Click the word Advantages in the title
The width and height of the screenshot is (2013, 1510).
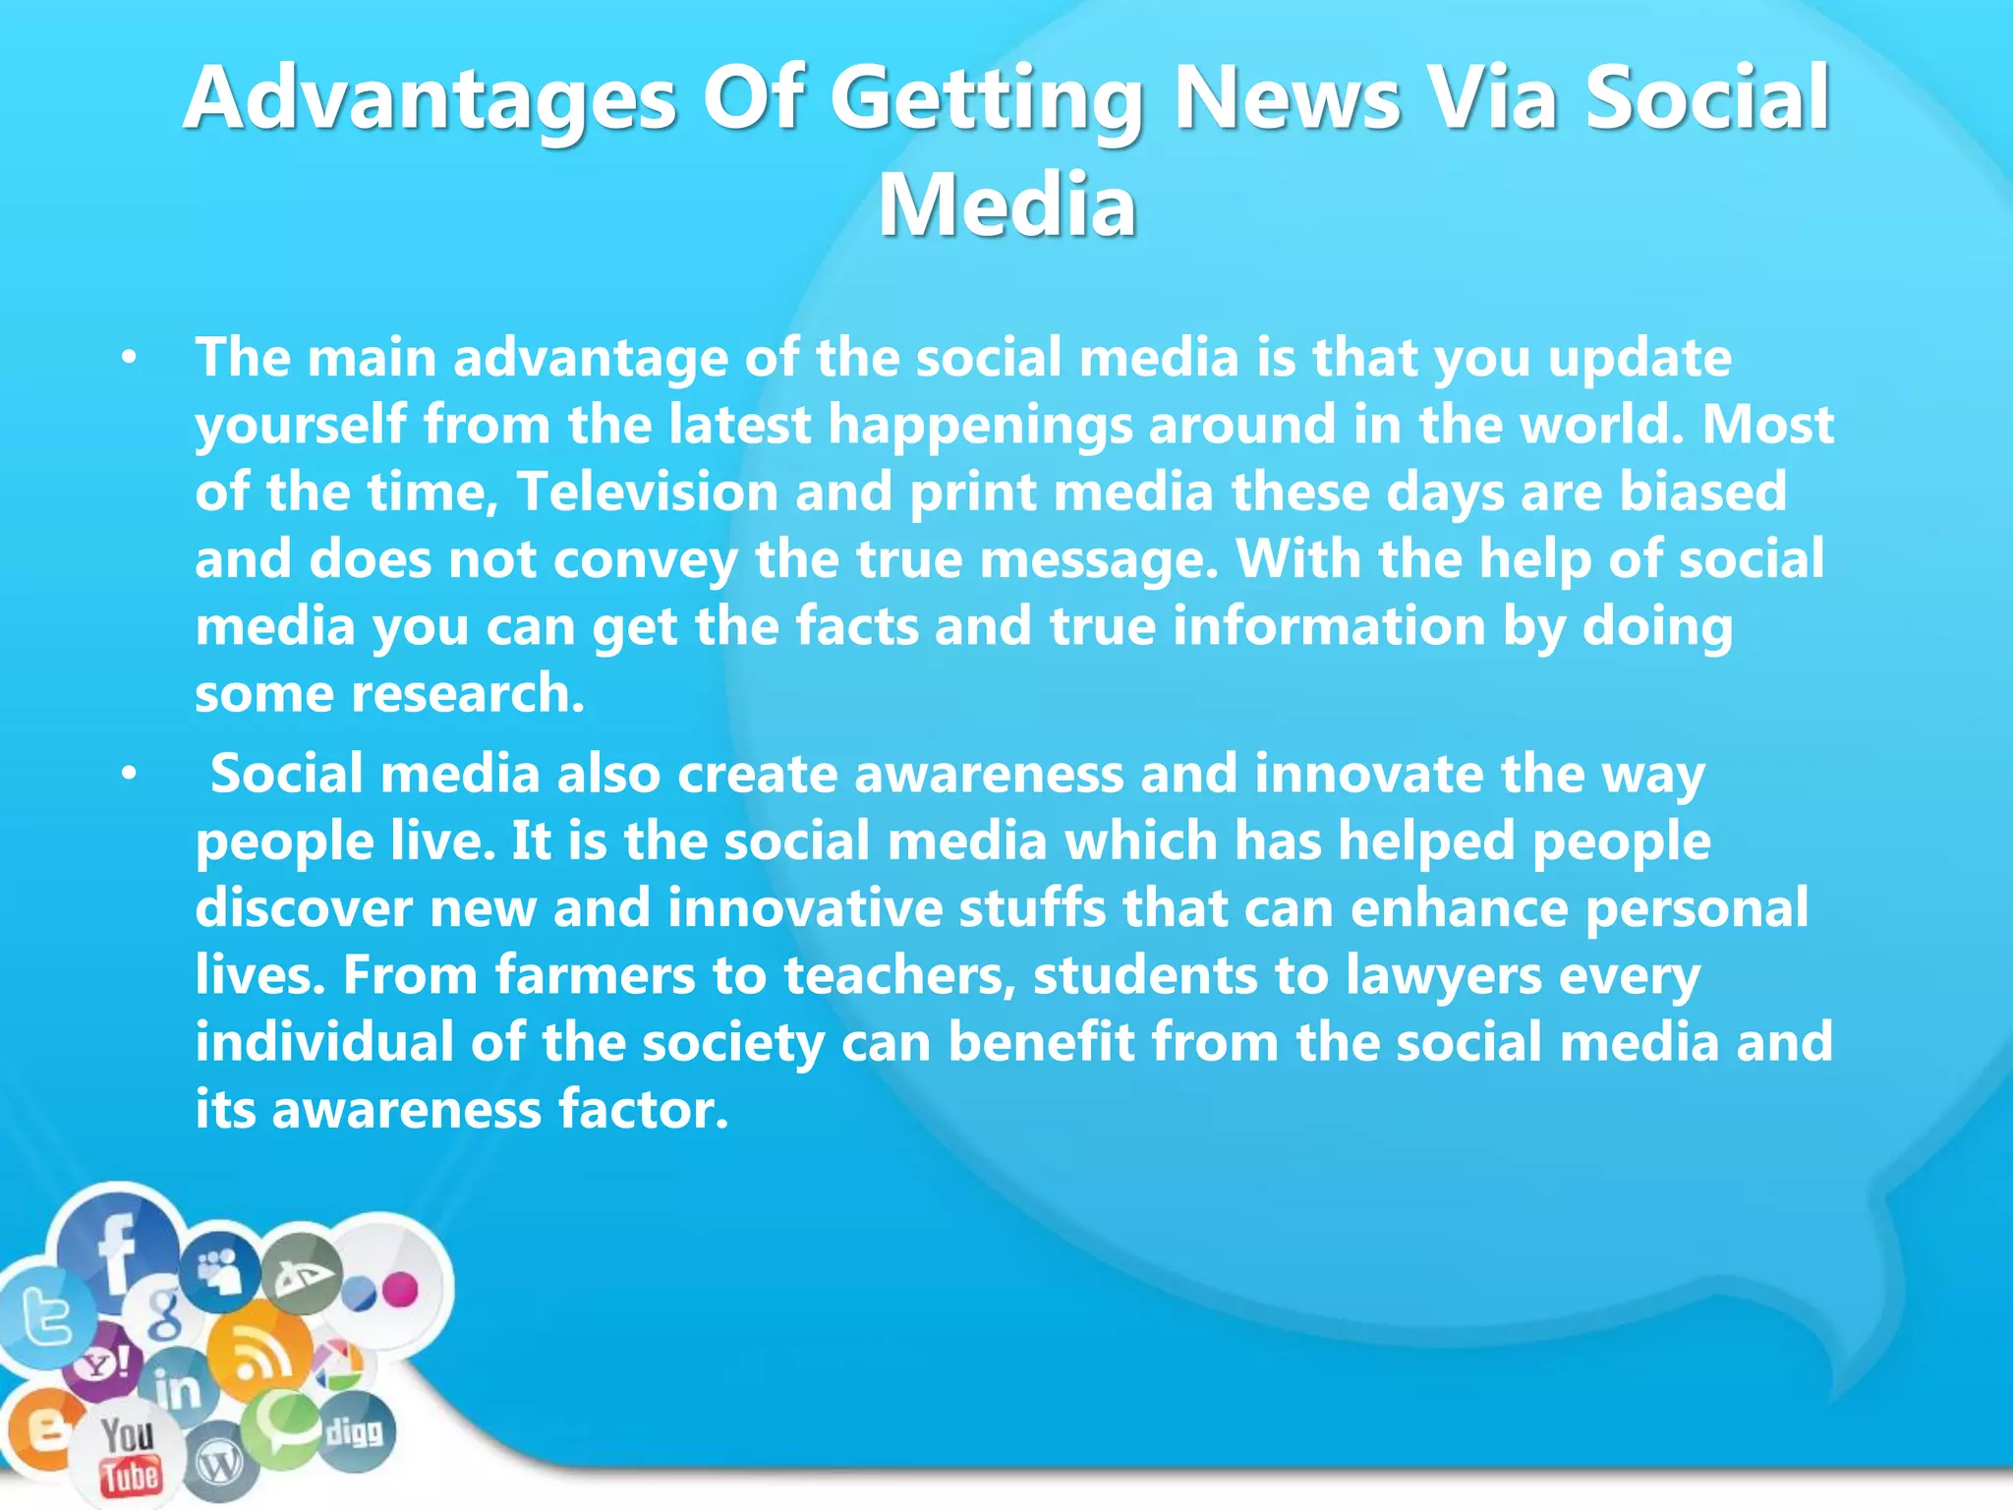430,98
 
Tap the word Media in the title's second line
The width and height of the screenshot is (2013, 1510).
1006,204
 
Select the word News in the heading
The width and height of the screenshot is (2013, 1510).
1287,98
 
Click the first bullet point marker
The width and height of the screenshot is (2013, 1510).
129,360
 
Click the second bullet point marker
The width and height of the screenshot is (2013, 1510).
129,776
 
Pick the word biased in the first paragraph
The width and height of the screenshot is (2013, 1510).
1702,491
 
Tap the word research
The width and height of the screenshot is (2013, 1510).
468,693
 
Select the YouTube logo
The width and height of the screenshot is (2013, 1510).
129,1456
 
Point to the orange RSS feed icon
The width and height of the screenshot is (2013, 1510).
258,1356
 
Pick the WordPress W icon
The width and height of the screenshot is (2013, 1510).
218,1465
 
